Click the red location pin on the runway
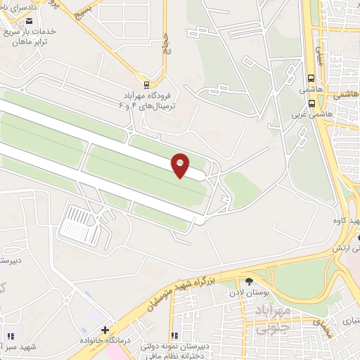click(180, 165)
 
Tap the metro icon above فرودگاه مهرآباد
click(146, 81)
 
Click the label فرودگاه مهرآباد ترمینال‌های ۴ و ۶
click(152, 98)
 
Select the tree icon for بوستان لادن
click(249, 281)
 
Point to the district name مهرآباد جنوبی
click(268, 318)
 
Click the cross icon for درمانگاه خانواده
click(105, 329)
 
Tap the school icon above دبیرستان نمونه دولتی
click(174, 336)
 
